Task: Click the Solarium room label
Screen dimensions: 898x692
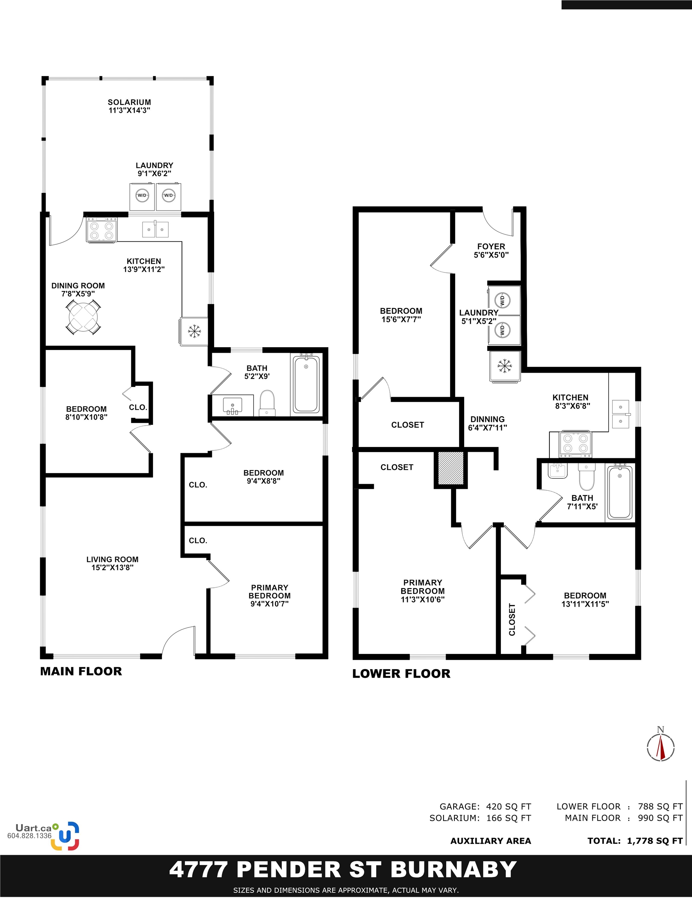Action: click(x=129, y=106)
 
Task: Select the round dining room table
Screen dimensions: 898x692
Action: click(x=83, y=317)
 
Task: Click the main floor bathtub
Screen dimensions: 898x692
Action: click(x=306, y=384)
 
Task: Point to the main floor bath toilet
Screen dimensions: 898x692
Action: click(x=267, y=403)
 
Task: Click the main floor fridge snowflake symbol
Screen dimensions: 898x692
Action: click(x=194, y=331)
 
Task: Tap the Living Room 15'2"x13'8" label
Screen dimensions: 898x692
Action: click(x=112, y=563)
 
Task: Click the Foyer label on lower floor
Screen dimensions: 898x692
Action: click(x=491, y=250)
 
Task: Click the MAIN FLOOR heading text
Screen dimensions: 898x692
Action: click(x=81, y=672)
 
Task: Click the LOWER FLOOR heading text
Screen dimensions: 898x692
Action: click(x=401, y=673)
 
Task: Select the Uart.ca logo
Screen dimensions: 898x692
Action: click(x=65, y=836)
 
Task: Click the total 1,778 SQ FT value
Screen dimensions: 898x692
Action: click(x=654, y=841)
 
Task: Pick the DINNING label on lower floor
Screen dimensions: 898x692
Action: click(x=487, y=422)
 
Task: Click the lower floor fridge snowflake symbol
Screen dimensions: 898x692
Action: click(x=504, y=366)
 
